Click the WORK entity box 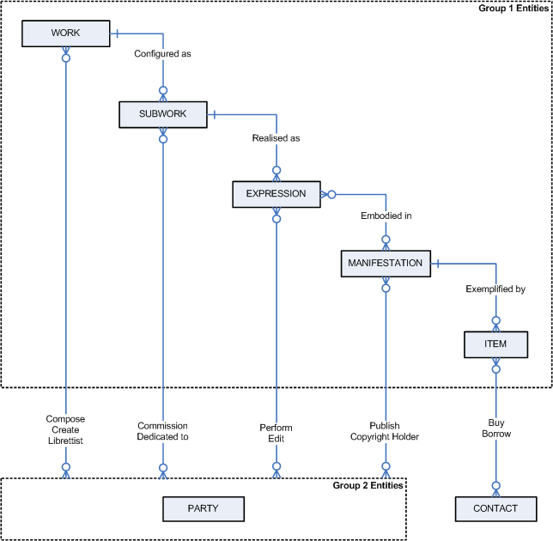[x=65, y=33]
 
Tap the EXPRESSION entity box [x=276, y=194]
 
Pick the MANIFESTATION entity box [x=385, y=264]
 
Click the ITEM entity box [x=495, y=344]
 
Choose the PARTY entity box [x=203, y=508]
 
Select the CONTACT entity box [x=495, y=508]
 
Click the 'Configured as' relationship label [x=162, y=53]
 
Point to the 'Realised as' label [x=276, y=137]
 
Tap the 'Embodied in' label [x=386, y=216]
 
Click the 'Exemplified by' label [x=495, y=289]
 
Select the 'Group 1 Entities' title [x=514, y=8]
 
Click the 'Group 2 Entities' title [x=368, y=486]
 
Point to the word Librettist [x=65, y=441]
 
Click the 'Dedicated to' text [x=162, y=436]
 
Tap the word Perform [x=276, y=428]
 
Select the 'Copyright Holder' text [x=385, y=437]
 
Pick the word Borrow [x=495, y=434]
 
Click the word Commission [x=162, y=426]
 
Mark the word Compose [x=65, y=419]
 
